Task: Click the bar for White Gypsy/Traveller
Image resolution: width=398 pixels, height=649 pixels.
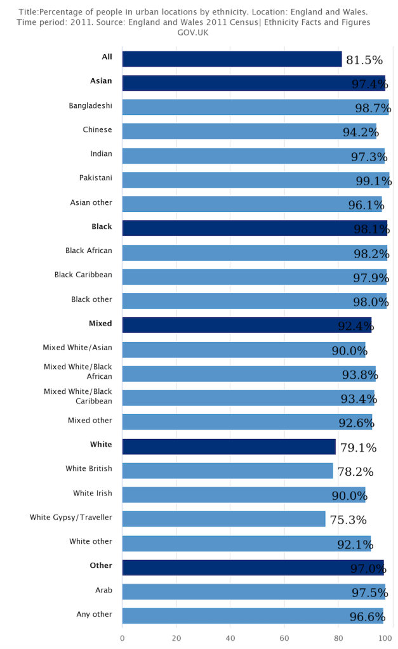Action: click(x=223, y=519)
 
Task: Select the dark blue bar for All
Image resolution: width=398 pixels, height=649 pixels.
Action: click(x=232, y=59)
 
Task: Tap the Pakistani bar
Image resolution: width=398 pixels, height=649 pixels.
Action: click(x=254, y=180)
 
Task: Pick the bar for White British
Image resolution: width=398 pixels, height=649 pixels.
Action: click(x=227, y=471)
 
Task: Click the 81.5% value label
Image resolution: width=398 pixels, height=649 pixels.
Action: click(x=364, y=60)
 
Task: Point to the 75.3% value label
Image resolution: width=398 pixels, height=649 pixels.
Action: click(x=348, y=520)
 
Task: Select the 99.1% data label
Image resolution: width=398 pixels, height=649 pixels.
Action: click(x=373, y=181)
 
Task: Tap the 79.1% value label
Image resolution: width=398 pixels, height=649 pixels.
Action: click(x=358, y=448)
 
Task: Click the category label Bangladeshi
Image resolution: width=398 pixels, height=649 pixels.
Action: click(x=90, y=105)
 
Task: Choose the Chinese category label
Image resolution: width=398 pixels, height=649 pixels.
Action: click(x=97, y=129)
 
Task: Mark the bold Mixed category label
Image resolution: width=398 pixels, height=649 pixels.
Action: click(x=100, y=324)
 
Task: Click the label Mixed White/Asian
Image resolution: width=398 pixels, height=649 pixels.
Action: click(x=77, y=348)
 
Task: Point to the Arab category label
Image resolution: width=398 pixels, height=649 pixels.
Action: click(x=103, y=590)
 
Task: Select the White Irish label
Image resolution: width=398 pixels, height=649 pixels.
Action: click(x=93, y=493)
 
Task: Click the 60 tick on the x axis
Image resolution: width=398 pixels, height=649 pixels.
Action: click(x=285, y=638)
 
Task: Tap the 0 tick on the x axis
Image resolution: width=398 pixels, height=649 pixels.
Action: click(x=122, y=638)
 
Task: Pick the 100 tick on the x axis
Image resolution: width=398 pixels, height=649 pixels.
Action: click(x=382, y=638)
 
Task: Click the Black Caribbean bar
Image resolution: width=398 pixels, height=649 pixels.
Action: click(x=254, y=277)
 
